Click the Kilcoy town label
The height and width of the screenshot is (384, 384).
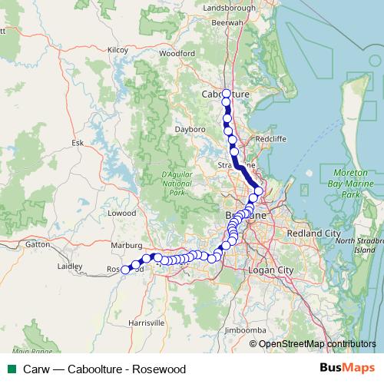[x=118, y=49]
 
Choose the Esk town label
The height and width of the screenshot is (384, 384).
[x=77, y=143]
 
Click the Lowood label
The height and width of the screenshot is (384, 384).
[x=121, y=213]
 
